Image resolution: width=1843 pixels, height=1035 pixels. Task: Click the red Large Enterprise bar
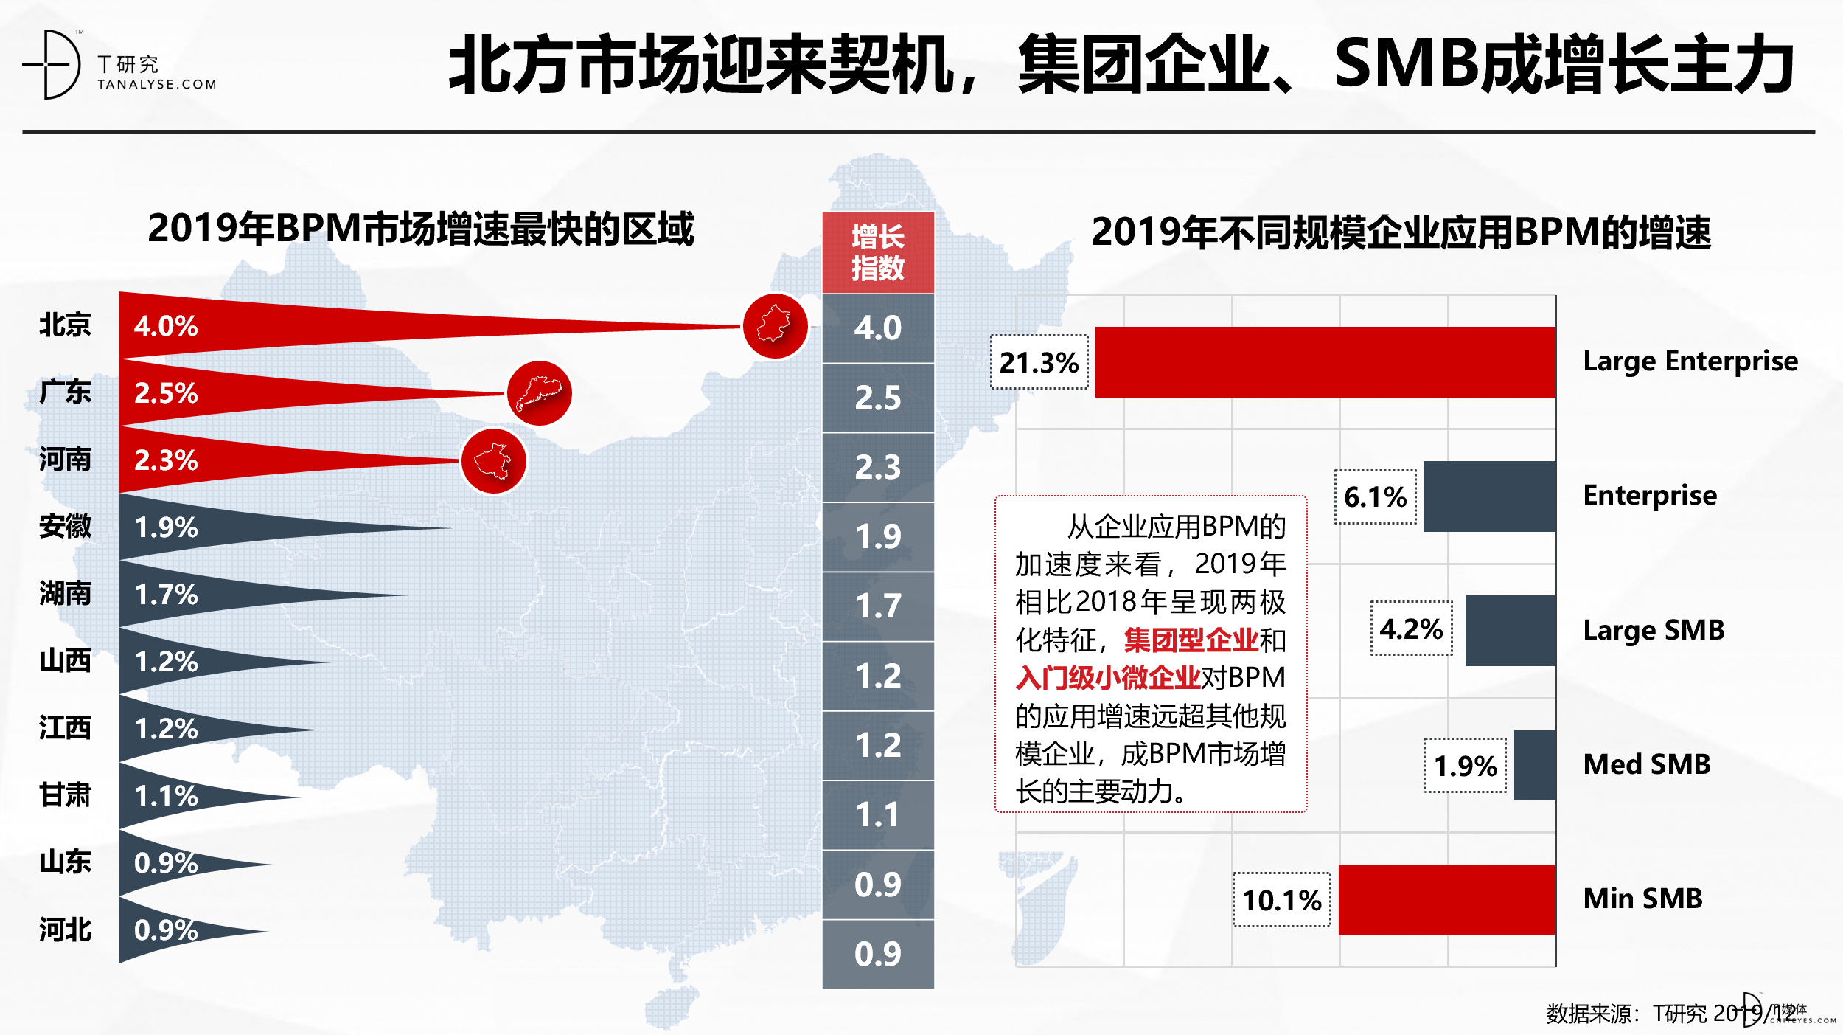[x=1325, y=362]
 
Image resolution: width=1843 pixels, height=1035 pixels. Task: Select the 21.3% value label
[x=1039, y=362]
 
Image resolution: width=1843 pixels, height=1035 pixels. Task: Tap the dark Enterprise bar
[x=1489, y=496]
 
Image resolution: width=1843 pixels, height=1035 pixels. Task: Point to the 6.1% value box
[x=1375, y=496]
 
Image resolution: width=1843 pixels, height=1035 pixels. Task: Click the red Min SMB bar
[x=1446, y=899]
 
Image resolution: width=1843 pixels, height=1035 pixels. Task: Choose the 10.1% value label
[x=1281, y=900]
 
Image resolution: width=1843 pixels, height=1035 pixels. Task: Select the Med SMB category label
[x=1646, y=764]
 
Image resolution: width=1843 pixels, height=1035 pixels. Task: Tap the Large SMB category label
[x=1654, y=630]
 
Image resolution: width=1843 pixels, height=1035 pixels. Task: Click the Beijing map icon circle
[x=775, y=326]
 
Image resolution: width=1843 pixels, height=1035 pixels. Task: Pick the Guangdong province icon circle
[x=540, y=393]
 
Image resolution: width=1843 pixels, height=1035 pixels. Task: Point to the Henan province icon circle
[x=493, y=461]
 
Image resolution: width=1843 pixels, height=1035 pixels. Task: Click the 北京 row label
[x=65, y=325]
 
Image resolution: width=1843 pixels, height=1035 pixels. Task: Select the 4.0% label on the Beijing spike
[x=166, y=326]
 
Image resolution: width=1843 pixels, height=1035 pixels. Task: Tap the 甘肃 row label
[x=65, y=795]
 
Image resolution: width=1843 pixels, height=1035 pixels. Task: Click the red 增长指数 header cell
[x=877, y=252]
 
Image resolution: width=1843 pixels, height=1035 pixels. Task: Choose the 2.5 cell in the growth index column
[x=877, y=398]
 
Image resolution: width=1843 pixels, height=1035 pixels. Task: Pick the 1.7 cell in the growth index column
[x=877, y=606]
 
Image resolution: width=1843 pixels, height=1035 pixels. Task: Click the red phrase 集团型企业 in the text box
[x=1191, y=640]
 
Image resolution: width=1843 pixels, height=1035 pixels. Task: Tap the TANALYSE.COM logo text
[x=157, y=85]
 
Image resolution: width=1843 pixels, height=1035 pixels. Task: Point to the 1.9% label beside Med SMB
[x=1465, y=766]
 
